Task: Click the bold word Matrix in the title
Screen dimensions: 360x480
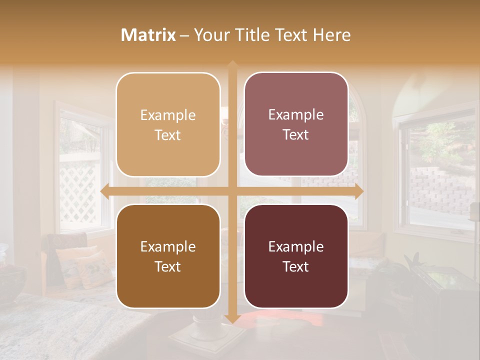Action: point(148,35)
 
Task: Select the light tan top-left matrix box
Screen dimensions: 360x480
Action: point(168,124)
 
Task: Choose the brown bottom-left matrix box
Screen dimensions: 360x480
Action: point(168,256)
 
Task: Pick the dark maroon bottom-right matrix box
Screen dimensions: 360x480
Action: point(296,256)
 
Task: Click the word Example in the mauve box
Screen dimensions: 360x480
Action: point(296,114)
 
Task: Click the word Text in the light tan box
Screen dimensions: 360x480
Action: point(168,135)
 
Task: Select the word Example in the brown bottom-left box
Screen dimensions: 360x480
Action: point(168,246)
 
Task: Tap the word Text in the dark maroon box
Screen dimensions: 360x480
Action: point(296,266)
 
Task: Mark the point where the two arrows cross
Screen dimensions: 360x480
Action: point(232,191)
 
